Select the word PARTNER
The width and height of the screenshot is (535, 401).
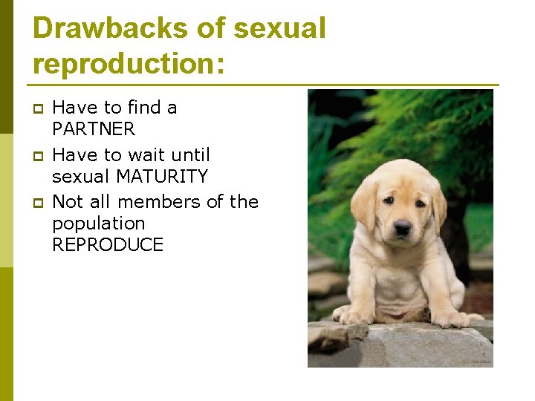(94, 129)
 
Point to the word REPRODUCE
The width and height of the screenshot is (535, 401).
(108, 245)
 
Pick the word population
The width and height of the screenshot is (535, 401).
(98, 224)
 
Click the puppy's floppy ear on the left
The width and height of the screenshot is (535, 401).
(364, 205)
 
